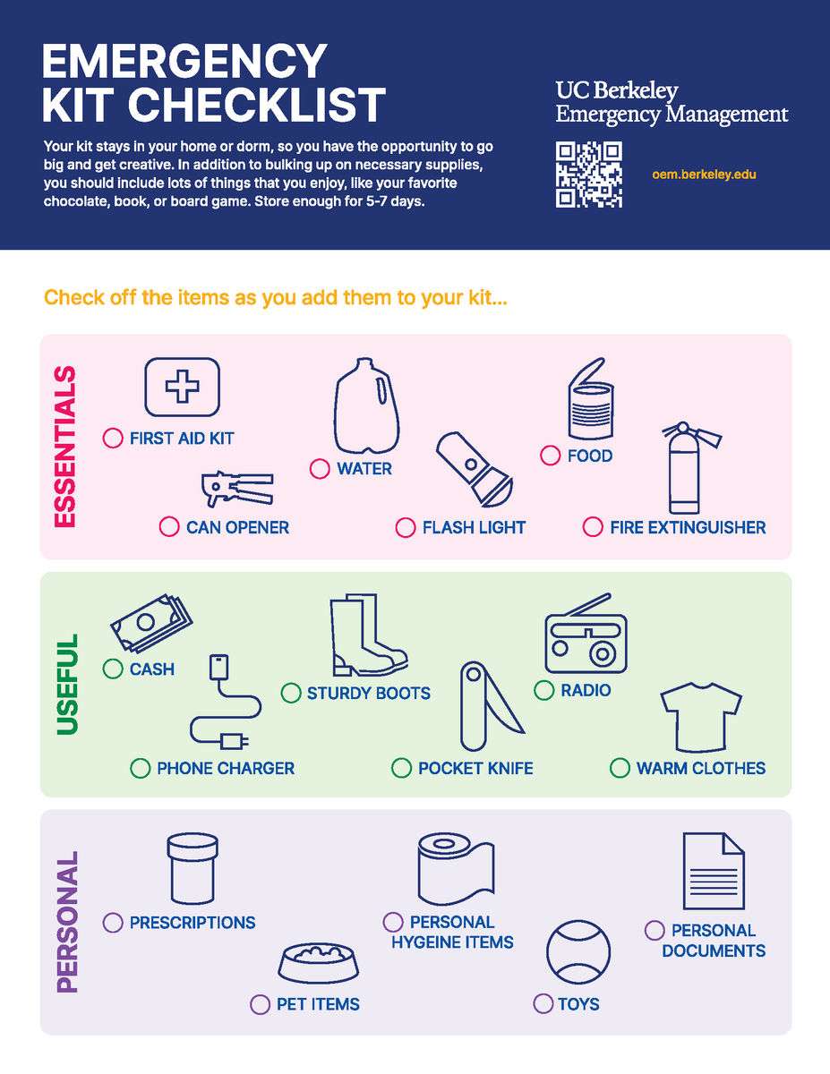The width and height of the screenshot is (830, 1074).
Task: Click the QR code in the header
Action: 589,175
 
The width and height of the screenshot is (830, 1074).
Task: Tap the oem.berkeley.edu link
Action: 704,175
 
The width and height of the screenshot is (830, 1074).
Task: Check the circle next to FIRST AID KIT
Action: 113,438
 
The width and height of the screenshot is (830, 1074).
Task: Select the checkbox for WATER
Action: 320,469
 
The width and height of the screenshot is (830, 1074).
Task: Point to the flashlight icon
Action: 474,469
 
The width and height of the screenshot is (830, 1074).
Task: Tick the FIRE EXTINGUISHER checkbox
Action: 593,527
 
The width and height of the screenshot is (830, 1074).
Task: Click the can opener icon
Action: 237,489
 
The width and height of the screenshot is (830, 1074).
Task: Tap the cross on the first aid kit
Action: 183,387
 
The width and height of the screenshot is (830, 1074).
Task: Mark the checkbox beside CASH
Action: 113,669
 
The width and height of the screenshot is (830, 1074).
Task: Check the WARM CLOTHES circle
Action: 620,768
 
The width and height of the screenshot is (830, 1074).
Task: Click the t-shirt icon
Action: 701,717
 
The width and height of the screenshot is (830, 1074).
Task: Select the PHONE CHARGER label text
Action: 226,768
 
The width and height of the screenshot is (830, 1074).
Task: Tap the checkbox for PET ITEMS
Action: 260,1004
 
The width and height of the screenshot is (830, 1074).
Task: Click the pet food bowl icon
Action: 319,963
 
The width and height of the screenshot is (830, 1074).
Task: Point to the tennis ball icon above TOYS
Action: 578,952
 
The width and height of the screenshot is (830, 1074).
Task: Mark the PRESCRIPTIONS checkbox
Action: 113,922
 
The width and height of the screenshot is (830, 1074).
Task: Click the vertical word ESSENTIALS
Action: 65,447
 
